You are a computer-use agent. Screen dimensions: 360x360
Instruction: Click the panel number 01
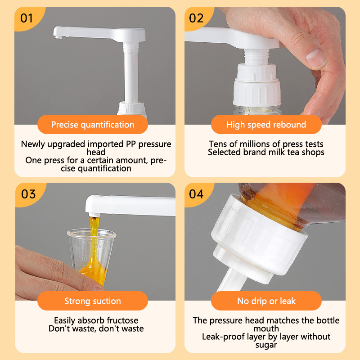point(27,18)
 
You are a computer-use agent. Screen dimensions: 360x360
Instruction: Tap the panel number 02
point(196,18)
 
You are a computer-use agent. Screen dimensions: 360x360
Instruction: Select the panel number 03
point(28,194)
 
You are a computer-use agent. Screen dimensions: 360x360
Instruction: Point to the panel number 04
point(196,194)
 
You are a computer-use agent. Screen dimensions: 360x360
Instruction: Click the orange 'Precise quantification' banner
point(93,125)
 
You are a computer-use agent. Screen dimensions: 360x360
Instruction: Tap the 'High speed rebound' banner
point(266,125)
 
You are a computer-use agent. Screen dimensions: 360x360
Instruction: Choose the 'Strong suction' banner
point(93,301)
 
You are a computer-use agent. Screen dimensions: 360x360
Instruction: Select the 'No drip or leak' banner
point(266,301)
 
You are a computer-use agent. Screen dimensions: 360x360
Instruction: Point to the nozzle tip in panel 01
point(58,37)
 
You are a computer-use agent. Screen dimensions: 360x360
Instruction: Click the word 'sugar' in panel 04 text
point(266,345)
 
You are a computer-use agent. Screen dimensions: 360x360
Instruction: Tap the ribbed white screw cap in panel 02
point(257,92)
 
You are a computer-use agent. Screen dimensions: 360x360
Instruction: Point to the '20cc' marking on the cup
point(99,247)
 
